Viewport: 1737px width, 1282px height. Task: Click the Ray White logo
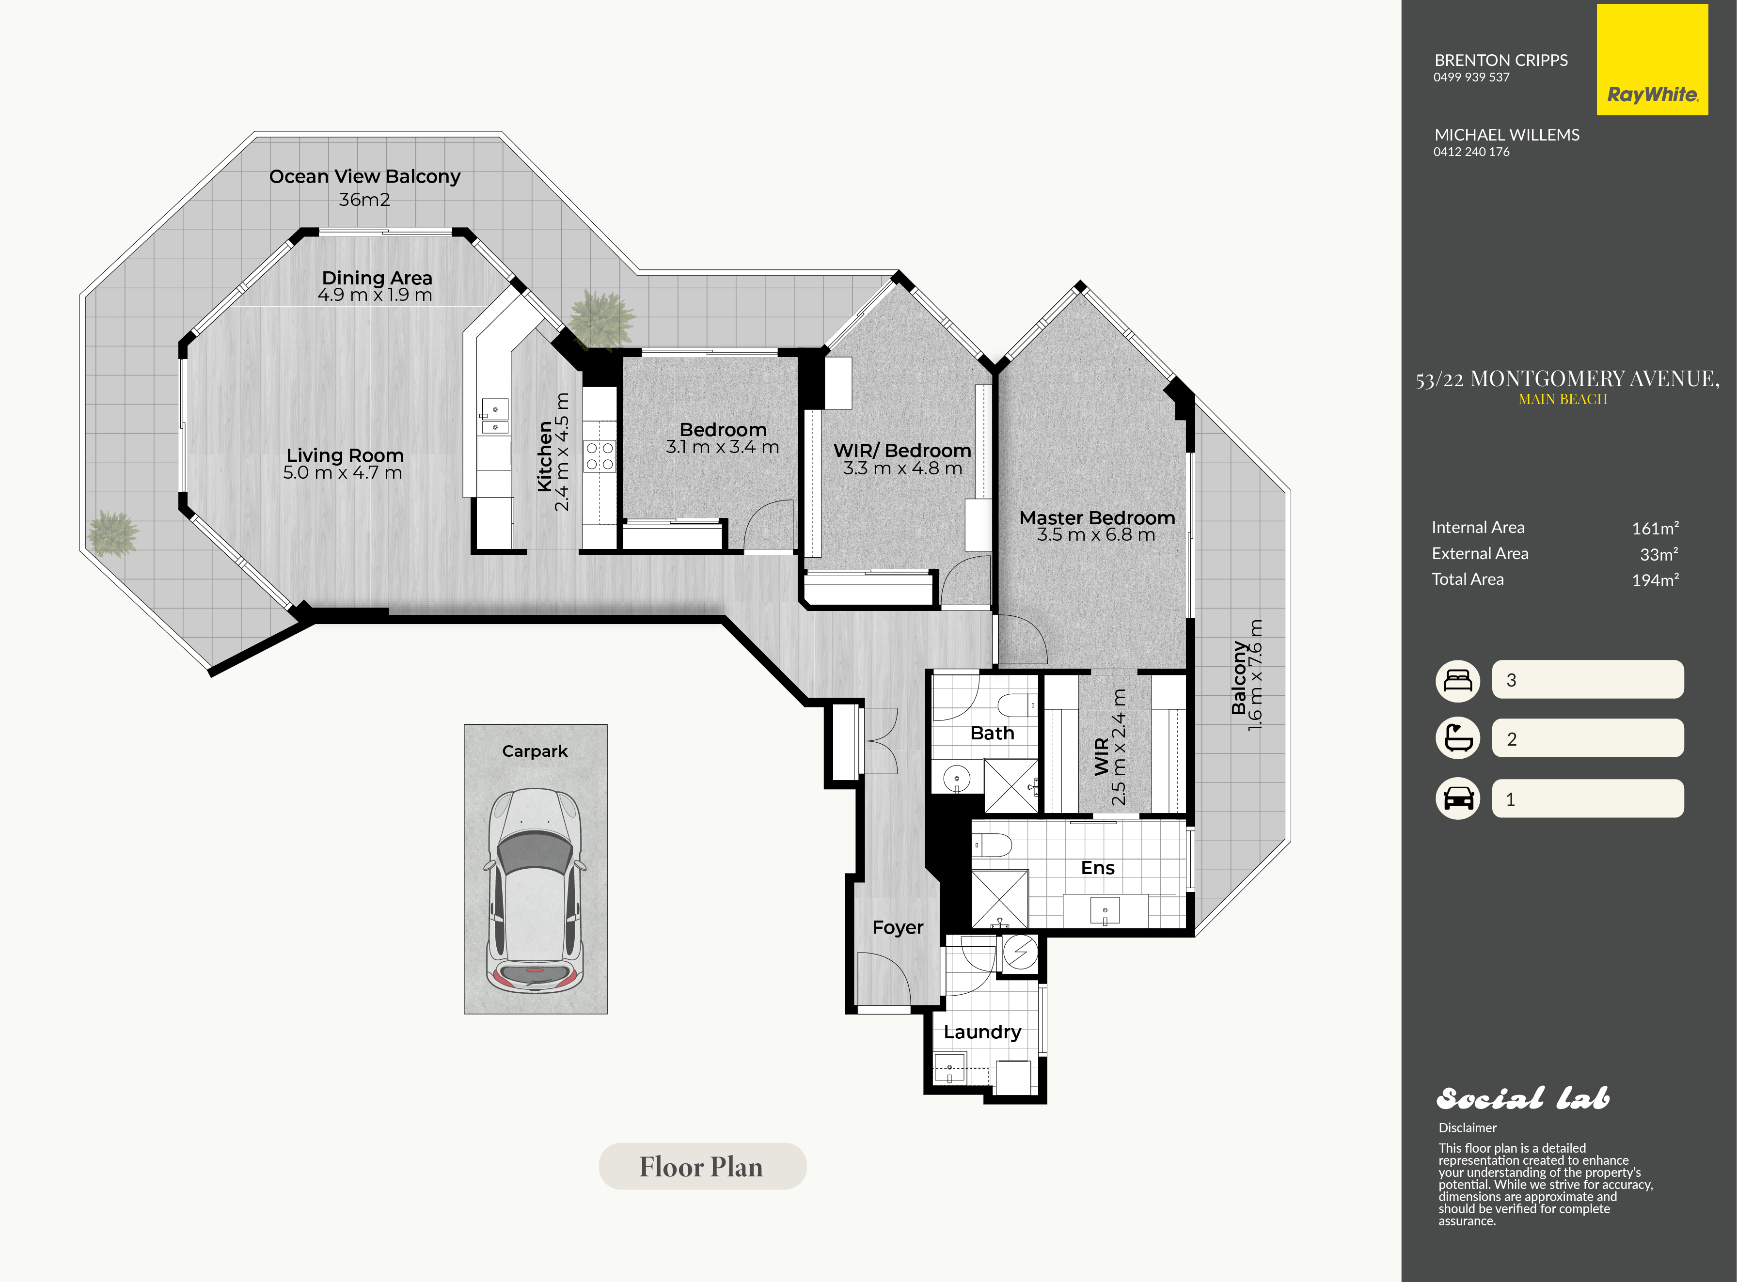[1652, 60]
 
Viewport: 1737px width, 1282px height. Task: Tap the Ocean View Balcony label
[365, 177]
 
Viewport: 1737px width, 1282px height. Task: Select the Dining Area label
[377, 278]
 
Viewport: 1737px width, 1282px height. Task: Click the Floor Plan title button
[702, 1166]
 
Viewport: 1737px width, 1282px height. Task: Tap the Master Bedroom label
[1097, 517]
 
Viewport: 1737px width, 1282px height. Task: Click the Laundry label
[982, 1032]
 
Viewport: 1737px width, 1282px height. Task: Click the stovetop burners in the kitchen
[599, 455]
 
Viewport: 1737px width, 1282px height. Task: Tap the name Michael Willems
[1506, 135]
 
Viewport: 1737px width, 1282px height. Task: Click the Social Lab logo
[1523, 1098]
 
